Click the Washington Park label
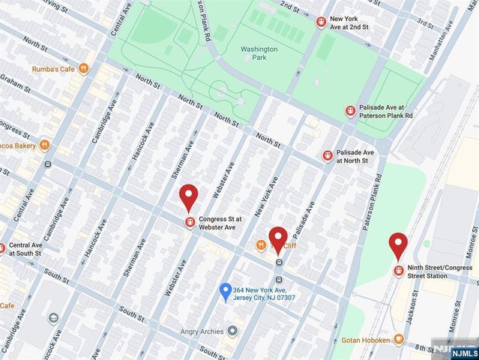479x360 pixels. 259,54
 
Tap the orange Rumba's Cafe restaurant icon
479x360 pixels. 84,69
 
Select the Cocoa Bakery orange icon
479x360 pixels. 45,144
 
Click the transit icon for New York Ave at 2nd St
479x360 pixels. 321,22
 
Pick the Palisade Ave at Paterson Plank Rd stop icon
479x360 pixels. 349,111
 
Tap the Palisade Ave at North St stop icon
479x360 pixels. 327,155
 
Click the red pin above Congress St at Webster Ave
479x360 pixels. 189,198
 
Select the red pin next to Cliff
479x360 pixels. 278,239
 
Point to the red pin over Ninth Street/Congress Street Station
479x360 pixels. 398,246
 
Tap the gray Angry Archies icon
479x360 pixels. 233,330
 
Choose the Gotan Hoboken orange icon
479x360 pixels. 398,340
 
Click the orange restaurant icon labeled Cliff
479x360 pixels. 261,244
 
